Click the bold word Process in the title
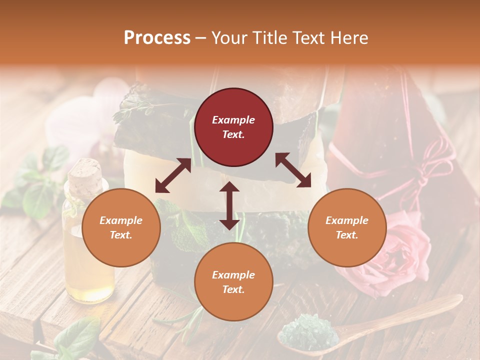pyautogui.click(x=157, y=38)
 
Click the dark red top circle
pyautogui.click(x=233, y=127)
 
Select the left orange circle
pyautogui.click(x=121, y=227)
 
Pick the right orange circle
pyautogui.click(x=347, y=227)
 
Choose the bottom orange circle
pyautogui.click(x=233, y=282)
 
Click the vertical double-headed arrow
pyautogui.click(x=229, y=205)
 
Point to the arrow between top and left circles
pyautogui.click(x=173, y=175)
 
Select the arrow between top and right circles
pyautogui.click(x=293, y=170)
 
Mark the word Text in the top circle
pyautogui.click(x=233, y=134)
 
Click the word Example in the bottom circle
pyautogui.click(x=233, y=275)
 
